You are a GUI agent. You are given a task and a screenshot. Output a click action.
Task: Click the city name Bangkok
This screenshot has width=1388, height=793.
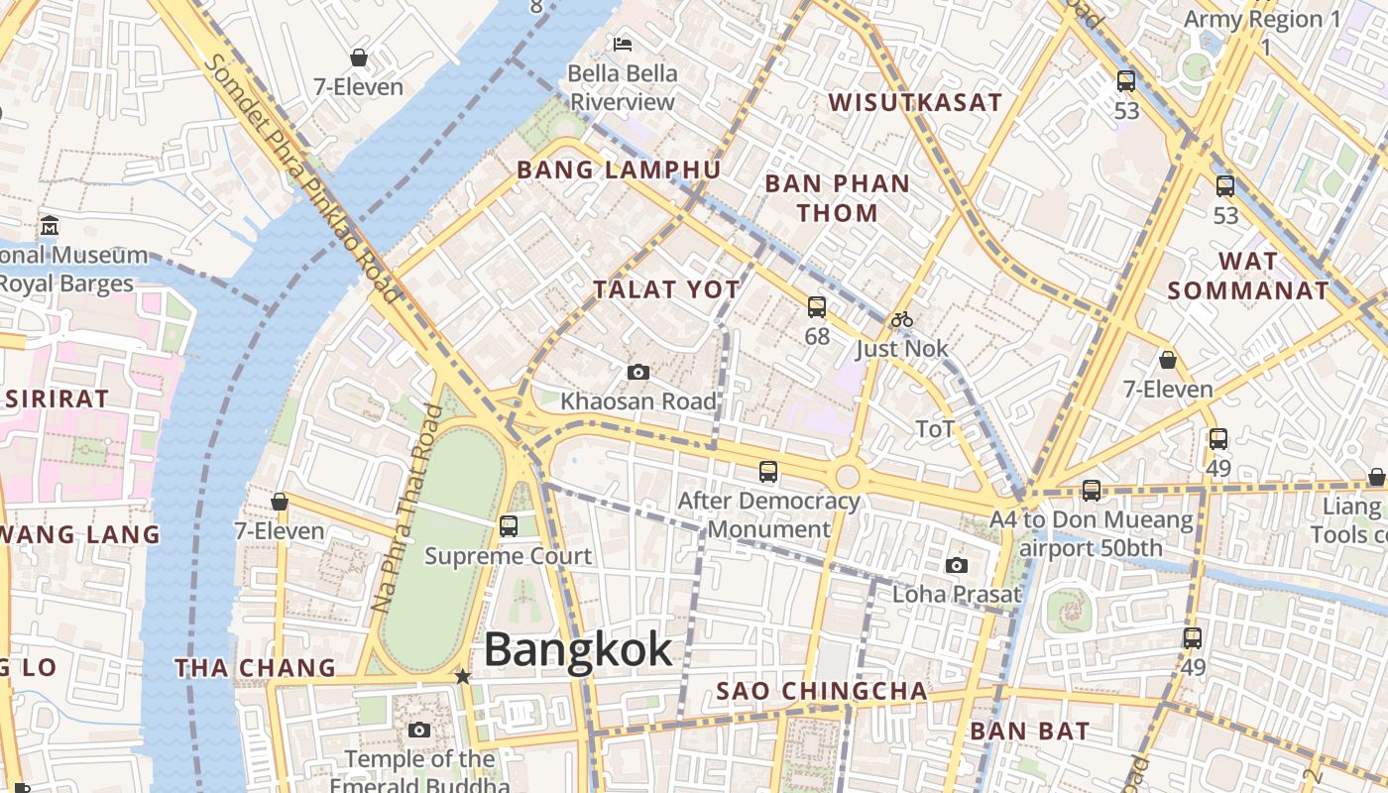[x=578, y=650]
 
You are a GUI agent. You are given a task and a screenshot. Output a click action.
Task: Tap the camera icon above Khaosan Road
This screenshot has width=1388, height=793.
[x=638, y=373]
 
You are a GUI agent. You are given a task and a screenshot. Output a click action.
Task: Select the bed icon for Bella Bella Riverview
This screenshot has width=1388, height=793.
[x=623, y=44]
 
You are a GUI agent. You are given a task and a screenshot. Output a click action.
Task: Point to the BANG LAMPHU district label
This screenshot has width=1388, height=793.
[x=619, y=170]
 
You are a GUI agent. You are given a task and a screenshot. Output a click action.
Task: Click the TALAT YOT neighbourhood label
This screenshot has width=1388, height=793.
[x=666, y=289]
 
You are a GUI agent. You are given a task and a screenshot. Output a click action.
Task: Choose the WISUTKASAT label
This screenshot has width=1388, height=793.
[x=915, y=102]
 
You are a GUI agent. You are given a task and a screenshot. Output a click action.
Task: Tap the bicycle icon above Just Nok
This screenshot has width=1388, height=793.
[x=901, y=319]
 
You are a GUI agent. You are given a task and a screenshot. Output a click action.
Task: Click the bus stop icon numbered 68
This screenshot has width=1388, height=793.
[x=817, y=307]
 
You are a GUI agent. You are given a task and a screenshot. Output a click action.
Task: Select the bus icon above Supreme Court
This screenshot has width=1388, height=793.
[x=509, y=526]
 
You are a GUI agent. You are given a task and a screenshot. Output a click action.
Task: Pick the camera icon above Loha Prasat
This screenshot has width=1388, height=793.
[x=956, y=565]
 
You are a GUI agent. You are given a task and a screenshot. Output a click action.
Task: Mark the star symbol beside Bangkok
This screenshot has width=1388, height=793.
[x=462, y=676]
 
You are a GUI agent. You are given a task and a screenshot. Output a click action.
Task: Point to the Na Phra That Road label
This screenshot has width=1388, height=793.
[x=405, y=509]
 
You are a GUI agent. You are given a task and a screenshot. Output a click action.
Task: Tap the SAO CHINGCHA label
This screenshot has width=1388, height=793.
[x=822, y=691]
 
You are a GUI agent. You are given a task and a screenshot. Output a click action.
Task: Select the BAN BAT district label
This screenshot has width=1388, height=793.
[x=1029, y=732]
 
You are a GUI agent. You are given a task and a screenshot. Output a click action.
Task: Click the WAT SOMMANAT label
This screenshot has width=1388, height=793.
[x=1247, y=276]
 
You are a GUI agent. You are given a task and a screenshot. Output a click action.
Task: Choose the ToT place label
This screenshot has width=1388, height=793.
[x=935, y=429]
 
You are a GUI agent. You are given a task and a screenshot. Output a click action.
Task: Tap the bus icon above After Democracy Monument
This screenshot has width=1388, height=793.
[x=768, y=472]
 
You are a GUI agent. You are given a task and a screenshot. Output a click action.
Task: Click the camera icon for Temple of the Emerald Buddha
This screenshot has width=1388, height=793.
[x=419, y=731]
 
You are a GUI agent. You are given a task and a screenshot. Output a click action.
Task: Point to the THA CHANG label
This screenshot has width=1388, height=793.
[x=256, y=667]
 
